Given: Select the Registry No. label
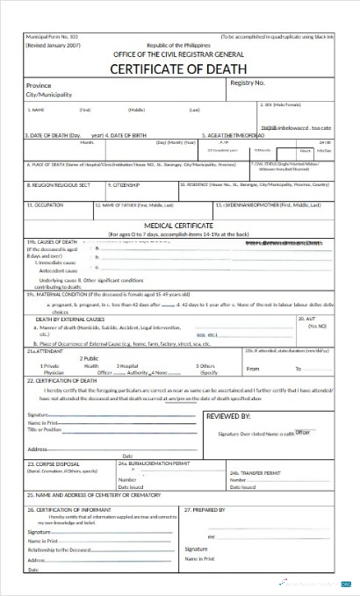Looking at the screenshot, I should (x=247, y=83).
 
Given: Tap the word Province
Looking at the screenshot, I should (x=40, y=86).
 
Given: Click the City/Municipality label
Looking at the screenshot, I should (x=49, y=95).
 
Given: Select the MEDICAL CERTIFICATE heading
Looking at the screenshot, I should (x=179, y=226).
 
